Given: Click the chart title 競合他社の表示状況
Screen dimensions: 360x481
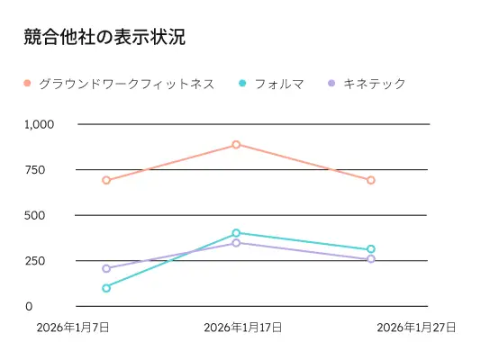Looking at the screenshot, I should (105, 38).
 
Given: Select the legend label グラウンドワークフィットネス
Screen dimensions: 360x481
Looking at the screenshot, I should (126, 84).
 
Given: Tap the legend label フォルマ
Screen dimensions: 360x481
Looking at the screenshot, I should (279, 84).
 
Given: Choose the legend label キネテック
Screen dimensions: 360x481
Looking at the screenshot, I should (375, 84).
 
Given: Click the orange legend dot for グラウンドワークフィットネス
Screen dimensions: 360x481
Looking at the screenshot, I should (27, 84).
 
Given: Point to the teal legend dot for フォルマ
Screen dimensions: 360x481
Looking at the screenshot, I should (242, 84).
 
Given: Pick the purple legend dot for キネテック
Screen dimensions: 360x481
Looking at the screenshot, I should (331, 84).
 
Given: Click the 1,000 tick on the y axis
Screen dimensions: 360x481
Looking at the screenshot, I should (40, 124).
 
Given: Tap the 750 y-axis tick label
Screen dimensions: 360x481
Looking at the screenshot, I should (35, 170).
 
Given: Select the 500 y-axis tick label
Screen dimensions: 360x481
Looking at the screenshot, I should (35, 215).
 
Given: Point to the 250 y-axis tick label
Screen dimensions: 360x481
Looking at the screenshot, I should (35, 261).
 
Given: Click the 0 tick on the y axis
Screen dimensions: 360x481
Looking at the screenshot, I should (29, 307).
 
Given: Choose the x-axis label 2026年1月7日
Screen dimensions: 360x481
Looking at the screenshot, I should (73, 328).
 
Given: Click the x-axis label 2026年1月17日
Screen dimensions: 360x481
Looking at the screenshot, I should (242, 328).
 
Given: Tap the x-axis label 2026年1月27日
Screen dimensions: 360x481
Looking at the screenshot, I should (415, 328).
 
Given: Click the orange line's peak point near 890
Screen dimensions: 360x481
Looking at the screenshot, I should (236, 144).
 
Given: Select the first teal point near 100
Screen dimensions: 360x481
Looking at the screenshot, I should (106, 288).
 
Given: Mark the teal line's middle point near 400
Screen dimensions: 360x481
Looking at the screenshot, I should (236, 233).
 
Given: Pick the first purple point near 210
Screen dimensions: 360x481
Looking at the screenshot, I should (106, 268).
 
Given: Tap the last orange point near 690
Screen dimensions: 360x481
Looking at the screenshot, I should (370, 180).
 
